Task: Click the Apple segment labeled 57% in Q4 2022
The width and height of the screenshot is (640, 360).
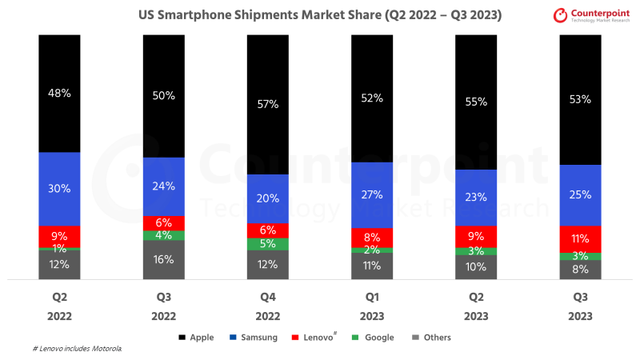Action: [x=268, y=104]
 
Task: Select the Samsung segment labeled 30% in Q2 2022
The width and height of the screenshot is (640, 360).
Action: [x=60, y=189]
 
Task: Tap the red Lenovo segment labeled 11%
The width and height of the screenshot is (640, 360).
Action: [x=580, y=238]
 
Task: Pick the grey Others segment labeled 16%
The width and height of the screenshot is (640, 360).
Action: [x=164, y=260]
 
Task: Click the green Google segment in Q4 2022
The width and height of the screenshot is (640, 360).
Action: [x=268, y=244]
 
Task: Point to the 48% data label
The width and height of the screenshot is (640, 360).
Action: [x=60, y=93]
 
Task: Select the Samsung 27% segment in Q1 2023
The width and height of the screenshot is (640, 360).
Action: [x=372, y=194]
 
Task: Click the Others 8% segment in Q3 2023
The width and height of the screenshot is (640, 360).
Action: [x=580, y=270]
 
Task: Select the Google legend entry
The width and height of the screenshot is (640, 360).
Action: [x=374, y=338]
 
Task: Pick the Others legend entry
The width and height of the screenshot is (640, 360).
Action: [x=432, y=338]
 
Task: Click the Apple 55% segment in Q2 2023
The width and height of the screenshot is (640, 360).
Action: [x=476, y=102]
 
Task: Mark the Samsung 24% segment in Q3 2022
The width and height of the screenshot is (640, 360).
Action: [x=164, y=186]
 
